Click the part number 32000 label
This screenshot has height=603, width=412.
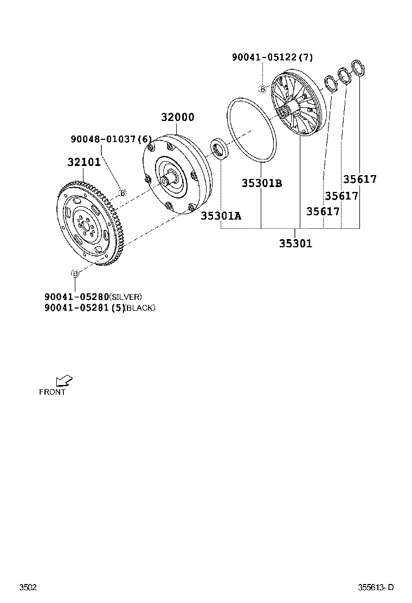click(177, 118)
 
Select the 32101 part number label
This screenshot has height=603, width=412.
click(83, 162)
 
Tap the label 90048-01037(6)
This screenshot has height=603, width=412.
click(111, 139)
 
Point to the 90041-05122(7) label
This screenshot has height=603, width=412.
click(272, 57)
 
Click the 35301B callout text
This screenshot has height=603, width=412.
click(262, 183)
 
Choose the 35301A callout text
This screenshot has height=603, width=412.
click(221, 216)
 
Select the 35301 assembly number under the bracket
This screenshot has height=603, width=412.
click(295, 243)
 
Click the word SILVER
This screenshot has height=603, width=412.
click(126, 297)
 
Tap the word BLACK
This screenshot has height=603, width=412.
click(140, 308)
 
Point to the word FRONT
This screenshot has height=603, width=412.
click(52, 392)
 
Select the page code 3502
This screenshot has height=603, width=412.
click(28, 587)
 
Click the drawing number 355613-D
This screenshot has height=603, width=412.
click(375, 587)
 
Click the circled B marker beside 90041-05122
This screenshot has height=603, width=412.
click(262, 89)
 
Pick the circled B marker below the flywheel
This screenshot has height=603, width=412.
click(75, 273)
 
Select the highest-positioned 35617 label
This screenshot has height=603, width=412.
click(359, 179)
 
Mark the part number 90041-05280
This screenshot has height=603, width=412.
click(76, 297)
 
